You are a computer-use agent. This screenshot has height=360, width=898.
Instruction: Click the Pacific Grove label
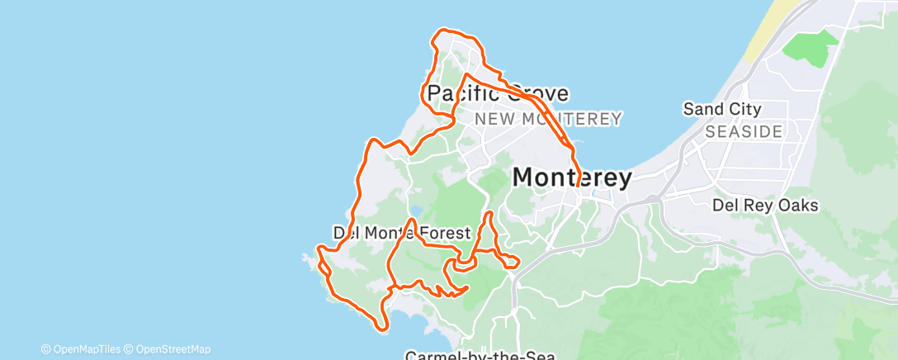(497, 93)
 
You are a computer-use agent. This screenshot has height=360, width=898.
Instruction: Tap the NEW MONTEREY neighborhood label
(548, 120)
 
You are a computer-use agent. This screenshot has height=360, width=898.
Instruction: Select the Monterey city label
(572, 178)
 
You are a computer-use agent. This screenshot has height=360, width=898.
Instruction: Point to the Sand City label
(722, 109)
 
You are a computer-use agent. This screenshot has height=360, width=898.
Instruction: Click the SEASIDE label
(743, 131)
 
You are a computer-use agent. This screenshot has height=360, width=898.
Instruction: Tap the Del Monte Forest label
(401, 234)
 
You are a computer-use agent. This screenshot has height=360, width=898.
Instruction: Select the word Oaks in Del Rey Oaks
(797, 206)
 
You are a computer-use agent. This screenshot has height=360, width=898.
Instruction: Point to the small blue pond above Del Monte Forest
(417, 210)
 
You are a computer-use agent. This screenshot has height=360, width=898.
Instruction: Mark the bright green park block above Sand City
(808, 50)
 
